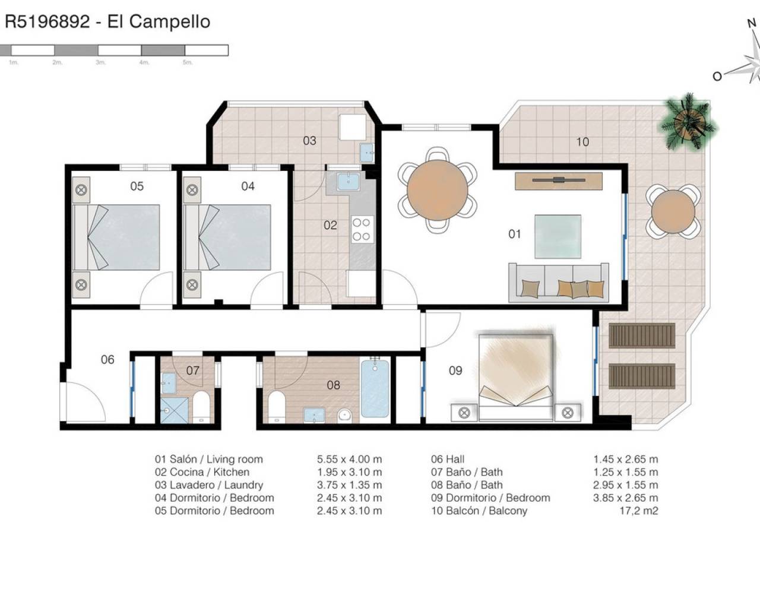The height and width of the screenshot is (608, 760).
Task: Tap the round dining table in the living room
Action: pos(437,190)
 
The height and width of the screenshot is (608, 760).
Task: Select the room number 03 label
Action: pos(309,141)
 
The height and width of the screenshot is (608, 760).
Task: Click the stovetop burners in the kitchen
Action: pos(361,229)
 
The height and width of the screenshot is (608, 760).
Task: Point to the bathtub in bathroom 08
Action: pos(375,387)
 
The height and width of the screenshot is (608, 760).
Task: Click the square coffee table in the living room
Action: pos(558,236)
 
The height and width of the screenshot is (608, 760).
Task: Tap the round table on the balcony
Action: pos(673,211)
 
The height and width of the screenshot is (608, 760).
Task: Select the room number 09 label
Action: pos(455,370)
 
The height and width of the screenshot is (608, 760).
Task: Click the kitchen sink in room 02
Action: pos(348,181)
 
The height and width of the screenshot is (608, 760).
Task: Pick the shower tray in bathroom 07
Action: pos(175,410)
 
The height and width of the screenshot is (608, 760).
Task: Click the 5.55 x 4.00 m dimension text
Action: pos(349,460)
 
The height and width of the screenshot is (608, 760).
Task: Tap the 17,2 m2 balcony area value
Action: pos(639,511)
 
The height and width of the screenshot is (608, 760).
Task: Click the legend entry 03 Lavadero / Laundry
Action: pos(209,485)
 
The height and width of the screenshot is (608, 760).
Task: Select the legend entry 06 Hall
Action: pos(448,460)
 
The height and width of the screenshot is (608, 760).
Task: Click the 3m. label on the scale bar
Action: pos(101,62)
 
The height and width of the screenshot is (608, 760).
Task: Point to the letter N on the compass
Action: pos(752,23)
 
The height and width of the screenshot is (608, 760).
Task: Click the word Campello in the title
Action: pos(170,21)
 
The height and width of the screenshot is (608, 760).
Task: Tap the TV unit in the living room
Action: pos(559,181)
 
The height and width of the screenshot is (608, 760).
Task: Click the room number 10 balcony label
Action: pos(582,142)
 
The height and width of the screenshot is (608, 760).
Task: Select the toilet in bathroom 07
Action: pos(202,407)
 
